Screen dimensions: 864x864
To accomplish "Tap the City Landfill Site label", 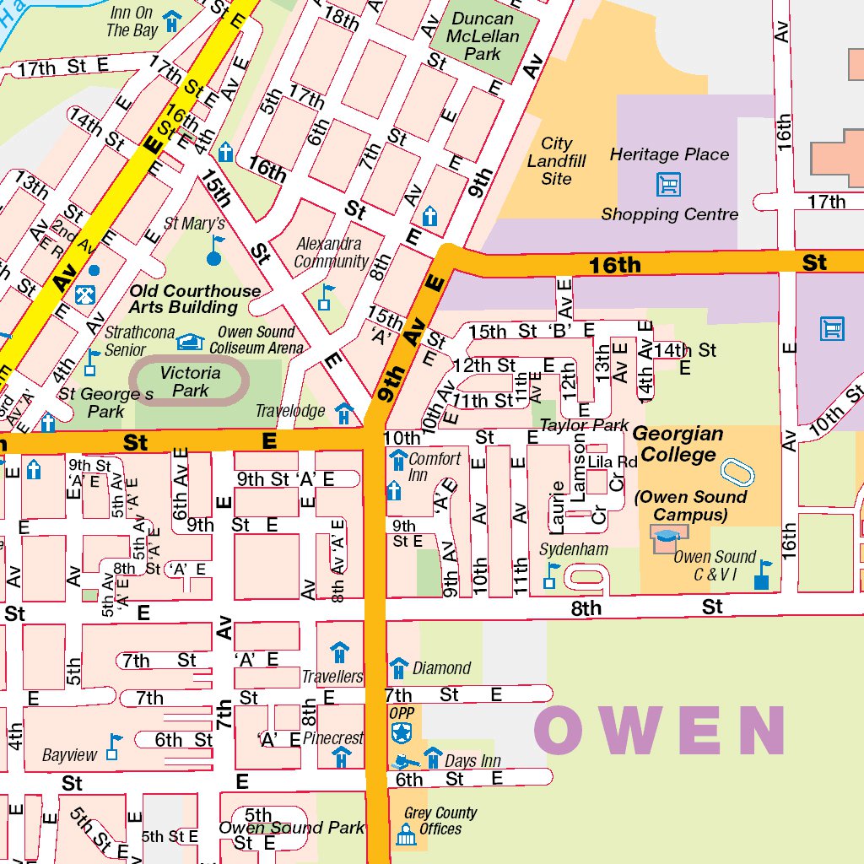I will coord(557,161).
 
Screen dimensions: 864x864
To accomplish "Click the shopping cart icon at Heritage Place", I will coord(668,184).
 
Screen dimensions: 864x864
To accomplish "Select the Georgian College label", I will coord(678,445).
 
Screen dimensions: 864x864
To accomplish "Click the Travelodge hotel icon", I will coord(343,413).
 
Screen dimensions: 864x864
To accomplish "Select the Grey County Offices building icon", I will coord(406,835).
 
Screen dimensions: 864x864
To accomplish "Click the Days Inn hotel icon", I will coord(433,757).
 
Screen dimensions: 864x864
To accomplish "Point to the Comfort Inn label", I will coord(435,467).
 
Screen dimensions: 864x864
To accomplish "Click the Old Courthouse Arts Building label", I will coord(195,299).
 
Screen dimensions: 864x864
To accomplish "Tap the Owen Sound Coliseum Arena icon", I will coord(191,341).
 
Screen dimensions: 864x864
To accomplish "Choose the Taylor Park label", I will coord(584,424).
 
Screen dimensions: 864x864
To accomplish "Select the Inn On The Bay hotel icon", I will coord(171,20).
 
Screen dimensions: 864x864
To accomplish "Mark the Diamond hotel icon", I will coord(398,668).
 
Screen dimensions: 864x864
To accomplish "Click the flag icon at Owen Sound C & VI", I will coord(763,575).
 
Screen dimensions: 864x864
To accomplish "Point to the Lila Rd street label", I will coord(612,462).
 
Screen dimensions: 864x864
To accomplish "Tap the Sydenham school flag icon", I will coord(551,575).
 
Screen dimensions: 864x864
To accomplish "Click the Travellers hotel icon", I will coord(339,652).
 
